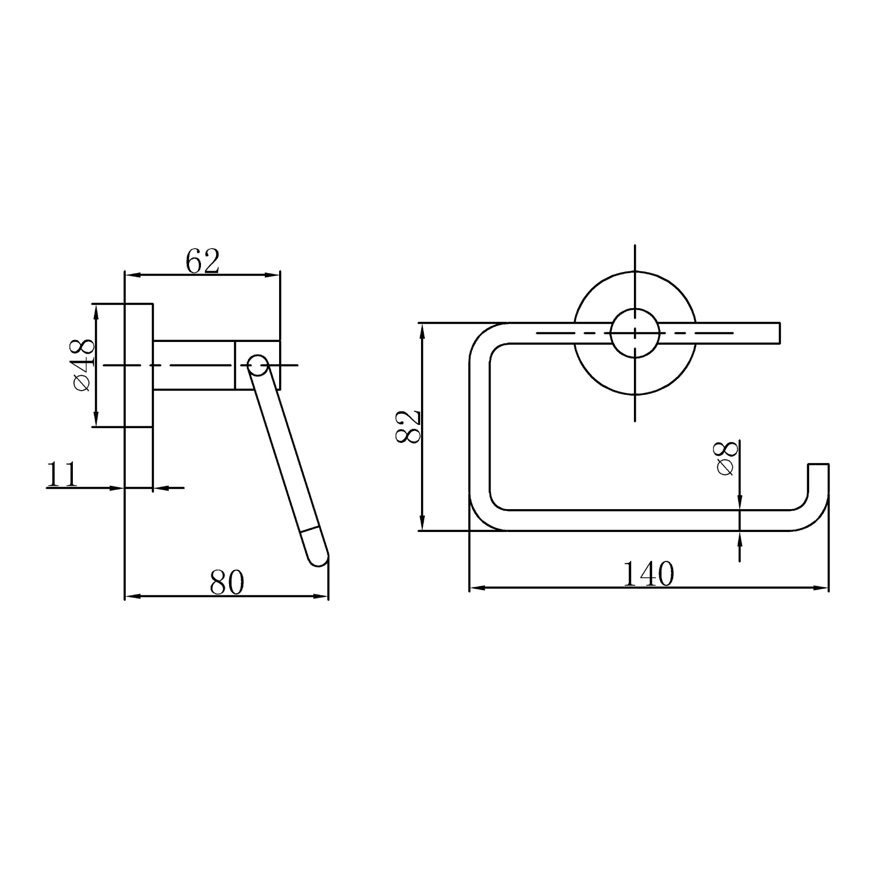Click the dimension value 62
click(202, 261)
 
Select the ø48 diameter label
click(84, 364)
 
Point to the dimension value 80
click(227, 582)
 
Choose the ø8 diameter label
click(726, 458)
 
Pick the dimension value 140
click(648, 574)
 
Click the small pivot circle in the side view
click(258, 365)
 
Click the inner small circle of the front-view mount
click(635, 333)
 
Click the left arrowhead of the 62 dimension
click(130, 275)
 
